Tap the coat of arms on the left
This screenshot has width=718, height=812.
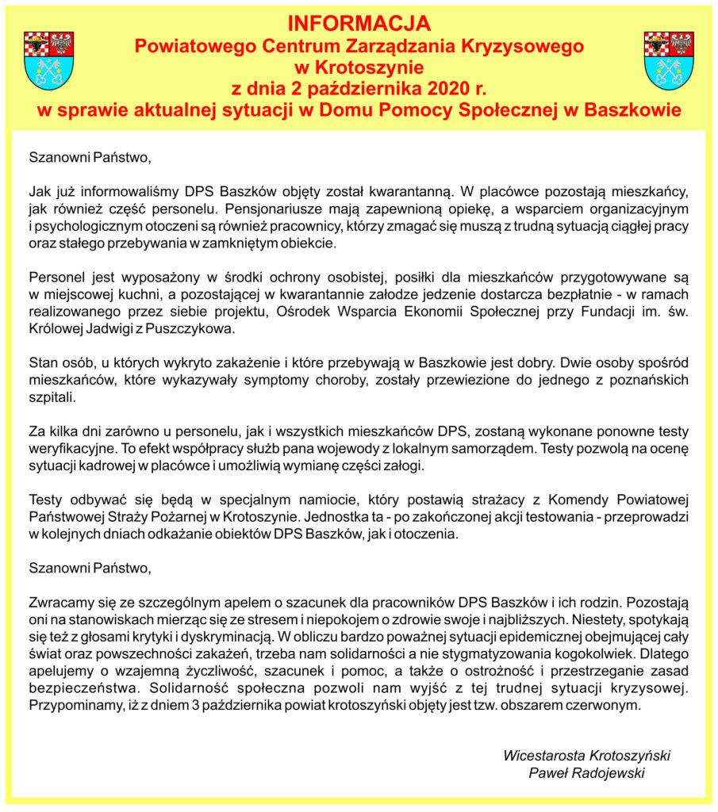point(49,60)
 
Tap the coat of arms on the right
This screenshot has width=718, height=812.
point(669,60)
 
